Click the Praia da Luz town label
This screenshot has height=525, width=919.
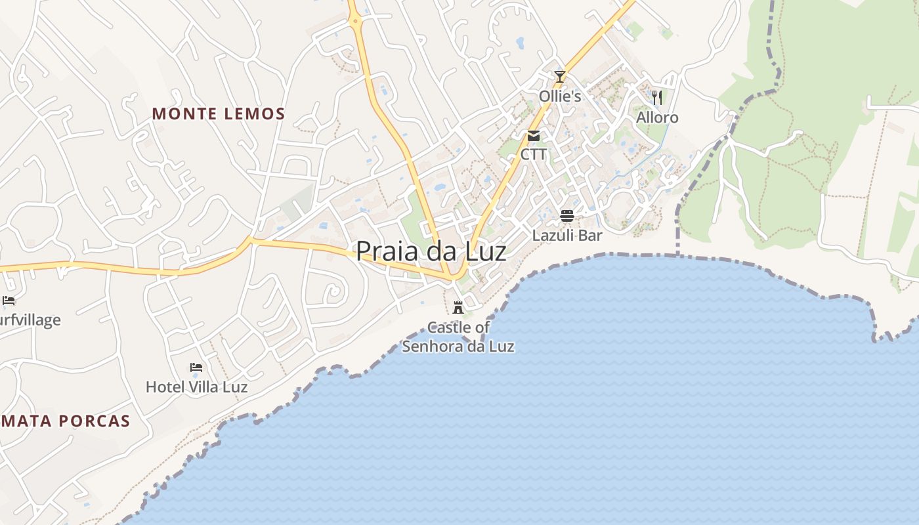tap(431, 252)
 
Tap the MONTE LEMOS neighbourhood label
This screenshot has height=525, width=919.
tap(219, 114)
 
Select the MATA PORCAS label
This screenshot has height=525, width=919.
tap(66, 421)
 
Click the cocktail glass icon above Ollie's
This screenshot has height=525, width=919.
tap(559, 77)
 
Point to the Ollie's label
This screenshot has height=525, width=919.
tap(560, 96)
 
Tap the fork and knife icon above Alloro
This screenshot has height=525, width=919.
tap(657, 98)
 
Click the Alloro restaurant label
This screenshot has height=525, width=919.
tap(657, 117)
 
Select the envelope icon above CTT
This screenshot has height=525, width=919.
tap(533, 136)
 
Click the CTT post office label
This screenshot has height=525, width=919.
tap(533, 155)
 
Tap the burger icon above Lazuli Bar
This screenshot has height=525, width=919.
tap(567, 216)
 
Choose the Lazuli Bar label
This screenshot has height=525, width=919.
tap(567, 235)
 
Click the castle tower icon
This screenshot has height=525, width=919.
tap(458, 307)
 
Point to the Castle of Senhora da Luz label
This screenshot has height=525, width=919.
tap(458, 337)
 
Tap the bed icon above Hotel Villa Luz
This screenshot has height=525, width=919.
tap(196, 367)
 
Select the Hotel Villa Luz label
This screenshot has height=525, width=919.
tap(196, 387)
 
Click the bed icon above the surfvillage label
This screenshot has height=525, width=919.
tap(9, 301)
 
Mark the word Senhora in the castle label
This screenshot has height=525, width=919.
tap(439, 346)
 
